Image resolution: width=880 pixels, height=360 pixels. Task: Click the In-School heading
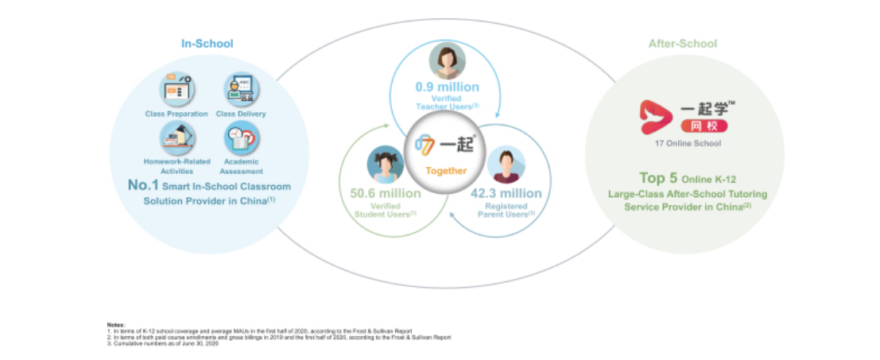coord(207,44)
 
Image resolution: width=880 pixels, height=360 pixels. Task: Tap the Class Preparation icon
coord(176,89)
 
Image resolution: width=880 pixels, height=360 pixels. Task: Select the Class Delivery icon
coord(240,90)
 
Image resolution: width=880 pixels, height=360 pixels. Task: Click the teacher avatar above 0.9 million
coord(447,62)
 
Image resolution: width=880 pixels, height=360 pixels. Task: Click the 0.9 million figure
coord(447,87)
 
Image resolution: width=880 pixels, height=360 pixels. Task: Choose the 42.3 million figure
coord(506,193)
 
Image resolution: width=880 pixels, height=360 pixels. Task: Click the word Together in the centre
coord(445,170)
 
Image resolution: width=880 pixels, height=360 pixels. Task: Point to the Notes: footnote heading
coord(115,325)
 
